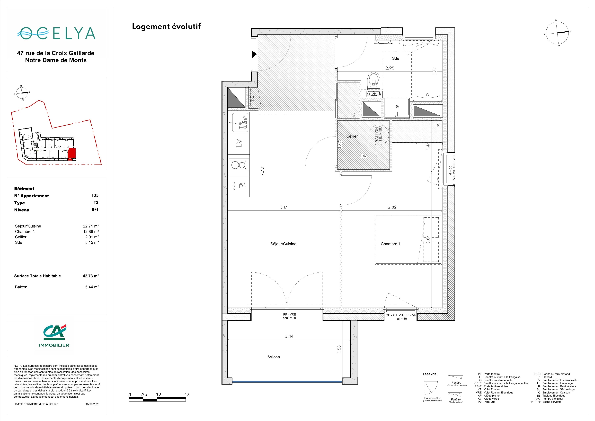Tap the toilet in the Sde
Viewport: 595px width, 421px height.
pyautogui.click(x=373, y=84)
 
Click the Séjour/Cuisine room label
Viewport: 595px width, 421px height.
pyautogui.click(x=283, y=244)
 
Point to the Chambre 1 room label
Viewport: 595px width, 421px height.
pyautogui.click(x=390, y=244)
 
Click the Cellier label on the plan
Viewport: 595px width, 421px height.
pyautogui.click(x=352, y=136)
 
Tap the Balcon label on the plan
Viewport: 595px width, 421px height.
pyautogui.click(x=274, y=357)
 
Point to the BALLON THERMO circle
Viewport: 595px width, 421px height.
pyautogui.click(x=379, y=134)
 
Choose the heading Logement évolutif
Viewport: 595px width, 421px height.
pyautogui.click(x=166, y=27)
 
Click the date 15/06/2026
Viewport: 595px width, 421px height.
pyautogui.click(x=93, y=404)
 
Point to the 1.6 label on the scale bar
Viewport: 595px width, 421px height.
pyautogui.click(x=187, y=395)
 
